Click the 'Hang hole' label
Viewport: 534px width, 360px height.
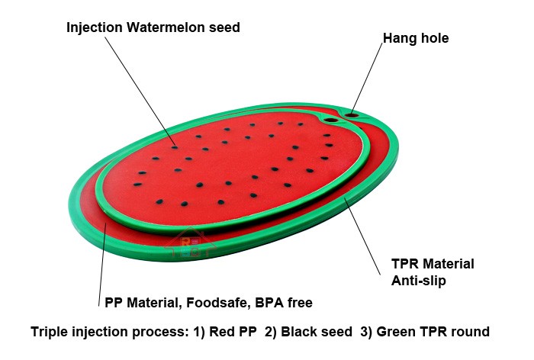(416, 38)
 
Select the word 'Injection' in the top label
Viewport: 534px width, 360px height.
(95, 27)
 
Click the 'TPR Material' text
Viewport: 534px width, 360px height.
(433, 264)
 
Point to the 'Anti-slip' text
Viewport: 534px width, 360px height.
(419, 281)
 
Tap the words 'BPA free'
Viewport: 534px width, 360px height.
(283, 303)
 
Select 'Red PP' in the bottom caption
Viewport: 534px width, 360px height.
(233, 331)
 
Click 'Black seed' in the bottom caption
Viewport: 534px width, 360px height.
(317, 331)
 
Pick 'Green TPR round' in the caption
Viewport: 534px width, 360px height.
(433, 331)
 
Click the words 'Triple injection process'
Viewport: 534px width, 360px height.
(110, 332)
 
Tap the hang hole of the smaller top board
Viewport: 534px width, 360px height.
(330, 120)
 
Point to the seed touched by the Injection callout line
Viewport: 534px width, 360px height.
(175, 147)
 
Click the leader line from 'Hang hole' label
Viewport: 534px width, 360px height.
(367, 78)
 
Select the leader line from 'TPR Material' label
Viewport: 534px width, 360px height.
(362, 236)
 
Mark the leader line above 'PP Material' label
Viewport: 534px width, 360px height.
(102, 264)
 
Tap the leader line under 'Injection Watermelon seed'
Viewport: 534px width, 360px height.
(140, 92)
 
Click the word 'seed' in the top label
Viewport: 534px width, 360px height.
(224, 27)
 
